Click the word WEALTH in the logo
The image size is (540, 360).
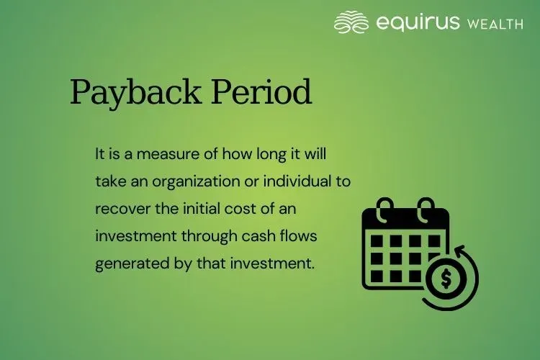click(x=495, y=24)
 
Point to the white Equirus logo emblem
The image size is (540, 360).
click(x=351, y=22)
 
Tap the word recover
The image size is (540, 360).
click(x=117, y=208)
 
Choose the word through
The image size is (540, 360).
click(x=202, y=235)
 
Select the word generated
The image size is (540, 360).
click(x=124, y=263)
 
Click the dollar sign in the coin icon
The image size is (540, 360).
click(x=446, y=277)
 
